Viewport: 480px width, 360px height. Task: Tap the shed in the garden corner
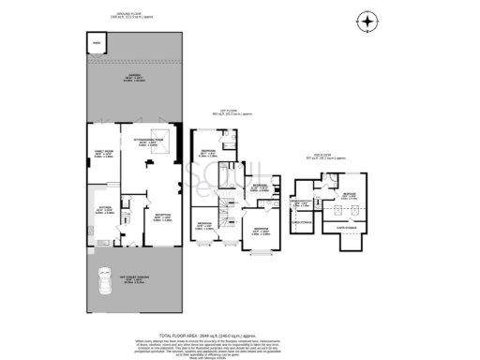(97, 43)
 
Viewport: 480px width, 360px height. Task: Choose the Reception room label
(163, 217)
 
